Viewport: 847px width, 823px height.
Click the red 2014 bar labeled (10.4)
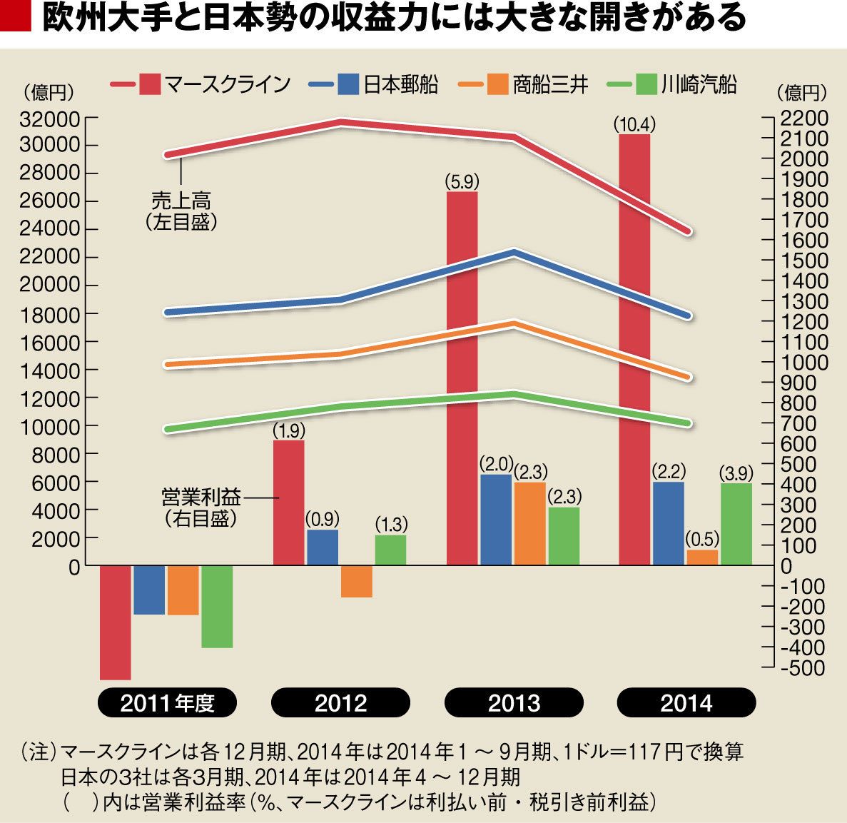[634, 350]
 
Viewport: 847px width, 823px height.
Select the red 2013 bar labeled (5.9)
[462, 378]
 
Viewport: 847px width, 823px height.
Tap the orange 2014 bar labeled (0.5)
[702, 557]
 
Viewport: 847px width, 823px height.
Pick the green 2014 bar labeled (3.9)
[736, 524]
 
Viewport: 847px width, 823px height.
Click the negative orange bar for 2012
[357, 582]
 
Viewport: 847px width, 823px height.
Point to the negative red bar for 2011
[115, 622]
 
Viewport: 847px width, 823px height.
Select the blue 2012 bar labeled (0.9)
[323, 547]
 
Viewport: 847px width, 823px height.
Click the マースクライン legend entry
[200, 84]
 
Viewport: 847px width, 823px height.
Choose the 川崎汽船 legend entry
[671, 84]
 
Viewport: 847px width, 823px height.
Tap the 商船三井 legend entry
[523, 84]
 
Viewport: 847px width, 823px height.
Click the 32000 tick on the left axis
[50, 118]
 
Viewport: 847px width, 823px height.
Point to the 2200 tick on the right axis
[803, 118]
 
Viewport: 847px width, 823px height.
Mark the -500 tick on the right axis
[803, 668]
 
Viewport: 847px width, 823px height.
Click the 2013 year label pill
[514, 702]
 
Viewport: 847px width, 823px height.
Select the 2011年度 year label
[168, 702]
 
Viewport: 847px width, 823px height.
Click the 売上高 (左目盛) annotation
[181, 211]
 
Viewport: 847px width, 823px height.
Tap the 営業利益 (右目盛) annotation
[201, 507]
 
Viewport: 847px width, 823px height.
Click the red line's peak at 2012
[341, 122]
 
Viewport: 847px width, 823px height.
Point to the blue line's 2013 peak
[514, 253]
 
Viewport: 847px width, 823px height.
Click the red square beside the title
[15, 17]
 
